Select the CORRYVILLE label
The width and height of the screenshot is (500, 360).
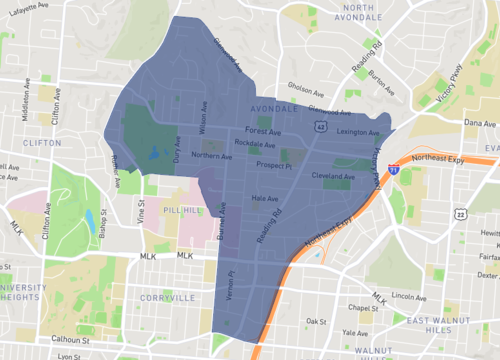coord(169,270)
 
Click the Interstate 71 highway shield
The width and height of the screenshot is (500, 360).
coord(395,171)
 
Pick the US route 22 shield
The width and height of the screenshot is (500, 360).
coord(460,214)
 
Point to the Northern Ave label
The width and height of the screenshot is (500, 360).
coord(210,155)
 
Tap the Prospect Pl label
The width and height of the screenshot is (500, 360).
coord(272,165)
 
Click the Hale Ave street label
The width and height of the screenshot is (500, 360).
coord(264,199)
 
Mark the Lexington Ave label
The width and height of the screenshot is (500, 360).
coord(358,132)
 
